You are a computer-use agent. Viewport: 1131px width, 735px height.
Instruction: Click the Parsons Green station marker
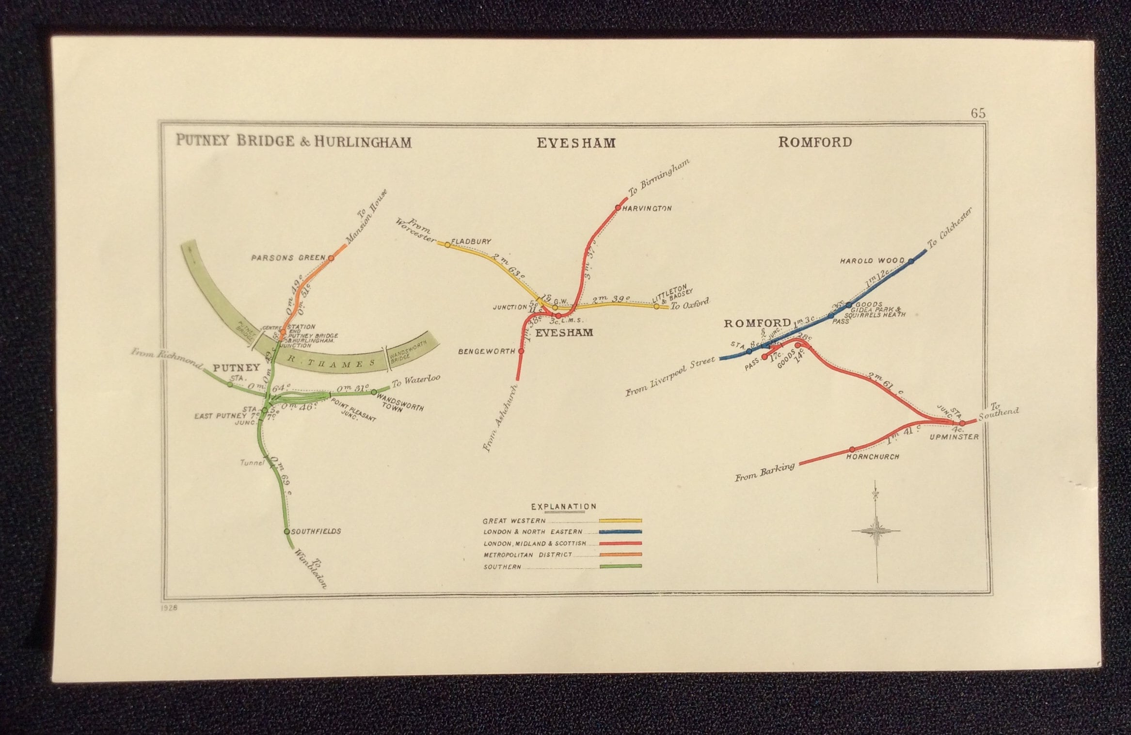[331, 258]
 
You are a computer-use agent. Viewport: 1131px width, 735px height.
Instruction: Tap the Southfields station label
[316, 531]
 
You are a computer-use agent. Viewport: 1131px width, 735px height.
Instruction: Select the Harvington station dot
[618, 208]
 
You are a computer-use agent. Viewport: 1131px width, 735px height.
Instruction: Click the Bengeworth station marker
[521, 351]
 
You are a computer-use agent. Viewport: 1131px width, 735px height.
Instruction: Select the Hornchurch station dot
[852, 449]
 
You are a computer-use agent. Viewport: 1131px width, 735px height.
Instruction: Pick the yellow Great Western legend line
[620, 520]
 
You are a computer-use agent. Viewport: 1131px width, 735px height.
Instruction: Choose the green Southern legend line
[620, 566]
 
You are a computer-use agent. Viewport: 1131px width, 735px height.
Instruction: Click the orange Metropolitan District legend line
[620, 554]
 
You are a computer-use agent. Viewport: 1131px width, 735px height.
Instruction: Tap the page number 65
[978, 113]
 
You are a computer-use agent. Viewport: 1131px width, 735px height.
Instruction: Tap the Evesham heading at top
[576, 143]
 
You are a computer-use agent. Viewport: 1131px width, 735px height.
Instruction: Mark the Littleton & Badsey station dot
[656, 306]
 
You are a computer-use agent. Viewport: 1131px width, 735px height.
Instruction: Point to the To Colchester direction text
[949, 229]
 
